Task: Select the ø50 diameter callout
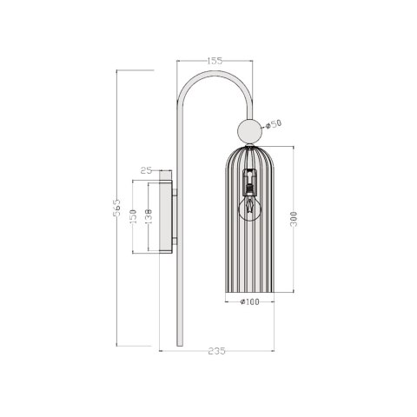[x=274, y=124]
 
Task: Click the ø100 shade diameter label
[x=250, y=301]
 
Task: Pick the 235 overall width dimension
[x=216, y=351]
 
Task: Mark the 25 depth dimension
[x=145, y=170]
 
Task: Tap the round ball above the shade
[x=250, y=132]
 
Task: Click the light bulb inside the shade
[x=250, y=206]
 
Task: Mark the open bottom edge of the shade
[x=250, y=292]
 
